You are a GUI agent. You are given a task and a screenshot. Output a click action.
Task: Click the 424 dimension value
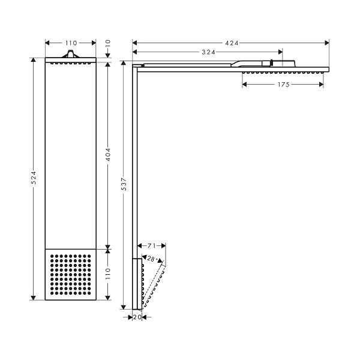click(x=232, y=43)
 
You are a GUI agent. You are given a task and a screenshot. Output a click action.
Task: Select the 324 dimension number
click(x=208, y=52)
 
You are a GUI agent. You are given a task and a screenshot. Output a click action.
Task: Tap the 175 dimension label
click(x=284, y=85)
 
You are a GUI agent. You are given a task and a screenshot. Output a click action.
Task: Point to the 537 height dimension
click(x=124, y=184)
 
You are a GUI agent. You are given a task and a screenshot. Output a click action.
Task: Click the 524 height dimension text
click(x=34, y=177)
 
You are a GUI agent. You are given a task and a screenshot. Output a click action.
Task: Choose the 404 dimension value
click(x=108, y=154)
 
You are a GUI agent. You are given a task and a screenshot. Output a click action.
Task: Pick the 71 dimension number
click(x=152, y=246)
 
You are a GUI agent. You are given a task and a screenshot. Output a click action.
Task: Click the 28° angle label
click(x=151, y=259)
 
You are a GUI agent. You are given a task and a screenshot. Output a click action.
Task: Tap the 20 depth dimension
click(x=137, y=317)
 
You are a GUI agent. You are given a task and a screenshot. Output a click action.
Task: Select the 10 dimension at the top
click(x=108, y=43)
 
